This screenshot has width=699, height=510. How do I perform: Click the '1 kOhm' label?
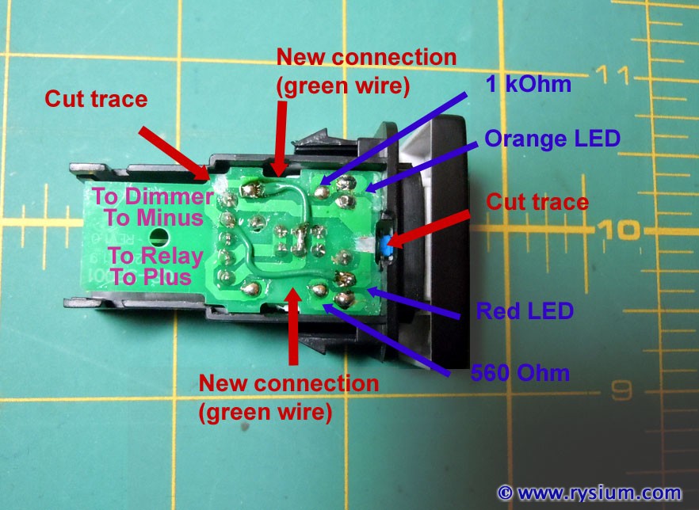(x=529, y=84)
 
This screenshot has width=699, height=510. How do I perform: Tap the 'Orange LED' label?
(x=552, y=139)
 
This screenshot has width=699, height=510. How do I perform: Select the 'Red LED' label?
(x=525, y=310)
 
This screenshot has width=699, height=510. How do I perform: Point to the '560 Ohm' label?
(x=520, y=373)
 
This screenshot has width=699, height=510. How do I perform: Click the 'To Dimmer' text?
(x=153, y=196)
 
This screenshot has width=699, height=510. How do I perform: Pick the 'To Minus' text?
(x=154, y=218)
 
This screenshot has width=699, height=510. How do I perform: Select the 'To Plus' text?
(x=151, y=276)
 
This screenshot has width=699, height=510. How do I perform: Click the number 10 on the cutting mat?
(x=618, y=229)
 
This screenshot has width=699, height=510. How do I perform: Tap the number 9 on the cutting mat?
(x=621, y=390)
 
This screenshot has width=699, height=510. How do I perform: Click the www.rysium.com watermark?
(x=590, y=493)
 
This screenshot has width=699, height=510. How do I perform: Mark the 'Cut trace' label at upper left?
(x=96, y=98)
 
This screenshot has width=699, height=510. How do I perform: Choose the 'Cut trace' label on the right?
(x=537, y=202)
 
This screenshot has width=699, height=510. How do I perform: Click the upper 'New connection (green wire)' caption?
(x=366, y=72)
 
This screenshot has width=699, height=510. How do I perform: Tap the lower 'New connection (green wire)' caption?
(x=288, y=398)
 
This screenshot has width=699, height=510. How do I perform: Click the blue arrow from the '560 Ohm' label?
(x=387, y=341)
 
